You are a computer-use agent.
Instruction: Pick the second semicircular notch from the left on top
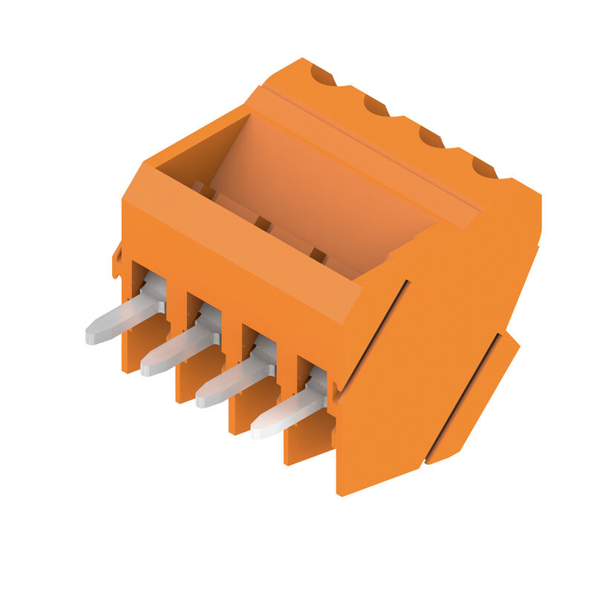(376, 106)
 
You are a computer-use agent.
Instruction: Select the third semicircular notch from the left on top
(431, 137)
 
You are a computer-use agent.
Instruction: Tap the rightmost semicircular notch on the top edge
(484, 168)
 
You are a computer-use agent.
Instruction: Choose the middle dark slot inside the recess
(261, 222)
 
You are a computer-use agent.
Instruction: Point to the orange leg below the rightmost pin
(301, 446)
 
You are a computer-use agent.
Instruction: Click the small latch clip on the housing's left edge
(117, 260)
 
